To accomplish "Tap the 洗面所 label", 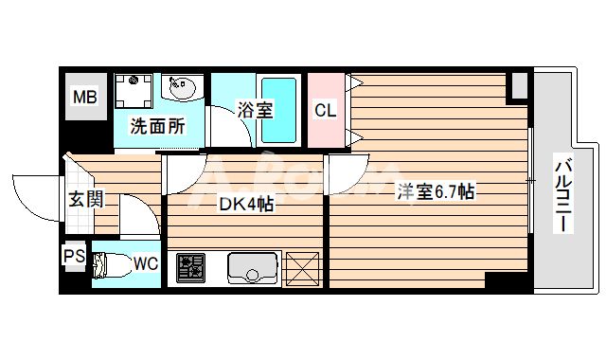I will [157, 126].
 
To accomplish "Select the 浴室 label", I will [256, 110].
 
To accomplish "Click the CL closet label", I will [325, 110].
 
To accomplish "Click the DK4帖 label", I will [246, 203].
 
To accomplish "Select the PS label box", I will [73, 257].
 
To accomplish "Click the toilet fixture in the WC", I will [112, 265].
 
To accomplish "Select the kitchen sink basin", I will [253, 267].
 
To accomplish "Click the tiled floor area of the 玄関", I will [80, 220].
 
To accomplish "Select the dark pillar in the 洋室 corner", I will [518, 86].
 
